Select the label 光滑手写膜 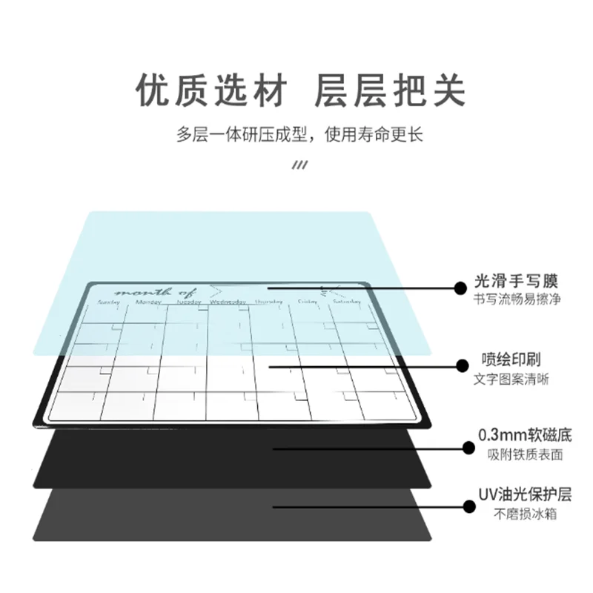[516, 282]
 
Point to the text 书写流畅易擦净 [516, 299]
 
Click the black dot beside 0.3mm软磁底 [468, 447]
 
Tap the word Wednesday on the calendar [228, 302]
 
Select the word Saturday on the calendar [347, 302]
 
